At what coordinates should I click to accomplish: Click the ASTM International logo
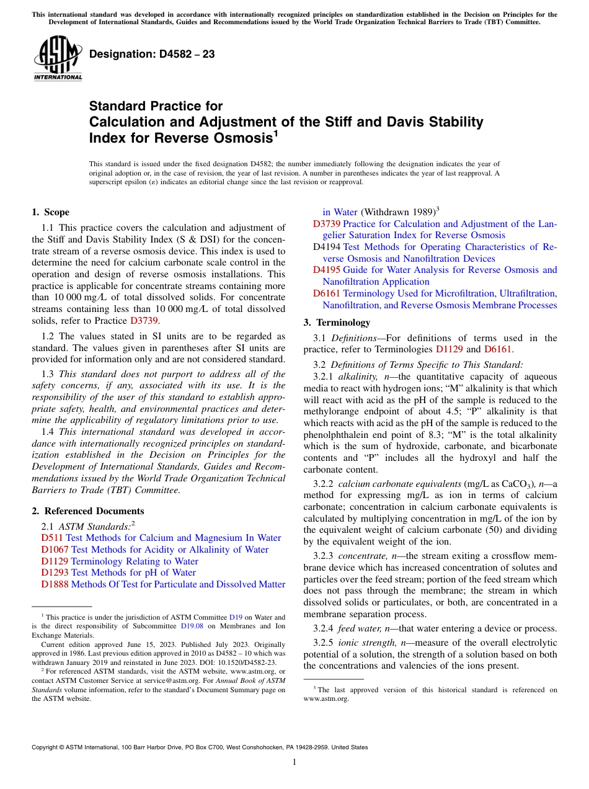(58, 58)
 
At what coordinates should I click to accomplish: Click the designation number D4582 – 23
(152, 55)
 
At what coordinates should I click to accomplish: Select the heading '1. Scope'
(50, 212)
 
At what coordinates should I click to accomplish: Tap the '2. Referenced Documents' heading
(87, 511)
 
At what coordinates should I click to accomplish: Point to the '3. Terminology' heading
(337, 323)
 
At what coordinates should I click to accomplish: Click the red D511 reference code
(52, 538)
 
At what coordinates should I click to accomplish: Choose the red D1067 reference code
(55, 550)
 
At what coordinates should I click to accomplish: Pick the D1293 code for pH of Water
(55, 573)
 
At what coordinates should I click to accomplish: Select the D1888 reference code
(55, 584)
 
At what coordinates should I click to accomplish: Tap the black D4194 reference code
(326, 247)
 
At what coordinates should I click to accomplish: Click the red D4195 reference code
(326, 270)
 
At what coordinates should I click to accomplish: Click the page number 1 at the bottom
(294, 762)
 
